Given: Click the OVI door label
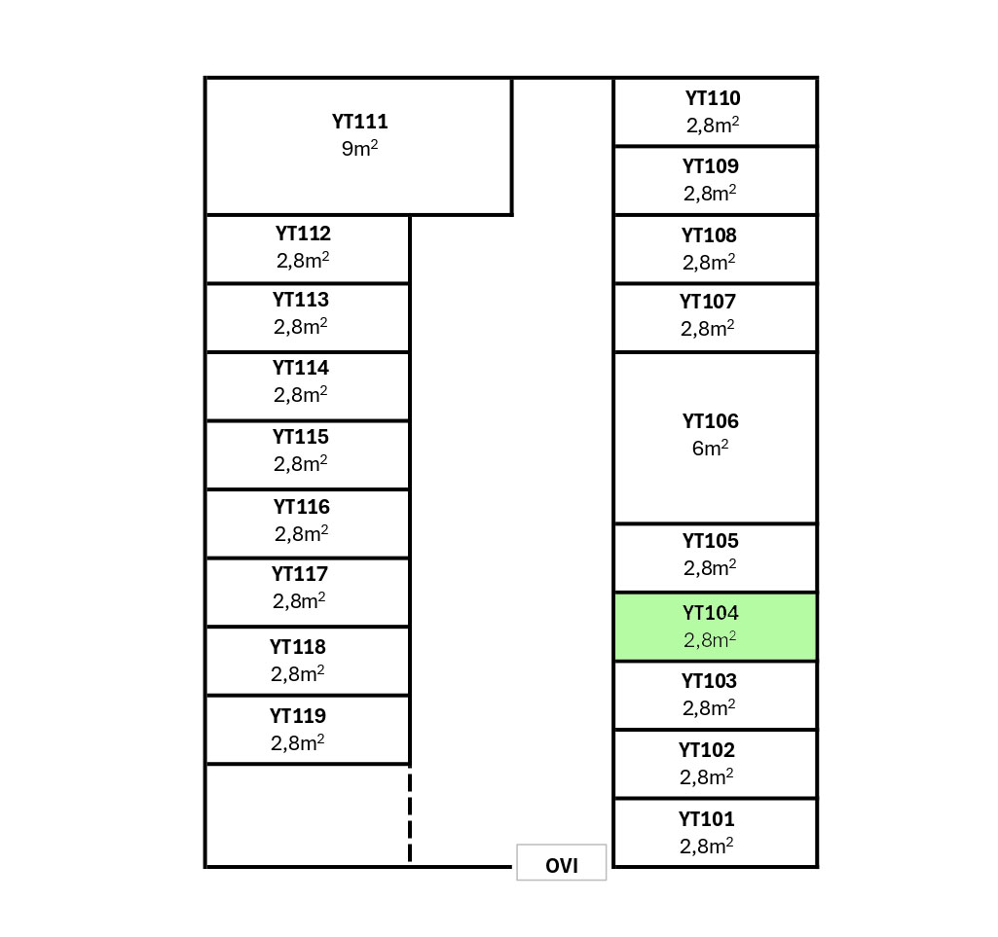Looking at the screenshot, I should [562, 865].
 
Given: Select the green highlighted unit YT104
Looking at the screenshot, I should [715, 627].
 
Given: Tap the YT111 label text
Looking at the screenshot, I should [359, 122].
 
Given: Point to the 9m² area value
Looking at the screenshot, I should [359, 149].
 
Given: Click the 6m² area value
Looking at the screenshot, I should [710, 449].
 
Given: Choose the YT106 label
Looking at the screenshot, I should [710, 421].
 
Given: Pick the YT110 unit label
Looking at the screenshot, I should [713, 98].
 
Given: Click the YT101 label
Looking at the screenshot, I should [707, 819].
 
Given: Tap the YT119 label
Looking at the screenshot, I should [298, 716].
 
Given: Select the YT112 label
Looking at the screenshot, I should [303, 234].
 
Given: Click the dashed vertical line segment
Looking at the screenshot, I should [410, 814].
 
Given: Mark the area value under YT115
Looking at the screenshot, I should [300, 464].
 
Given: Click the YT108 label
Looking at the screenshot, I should [709, 235].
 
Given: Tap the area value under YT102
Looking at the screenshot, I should [707, 777].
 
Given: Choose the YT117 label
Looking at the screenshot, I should [300, 574].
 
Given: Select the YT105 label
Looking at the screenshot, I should [710, 541].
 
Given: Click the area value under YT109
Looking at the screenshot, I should [710, 194].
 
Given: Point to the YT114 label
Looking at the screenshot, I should [301, 368].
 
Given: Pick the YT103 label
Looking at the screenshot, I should [709, 681].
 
